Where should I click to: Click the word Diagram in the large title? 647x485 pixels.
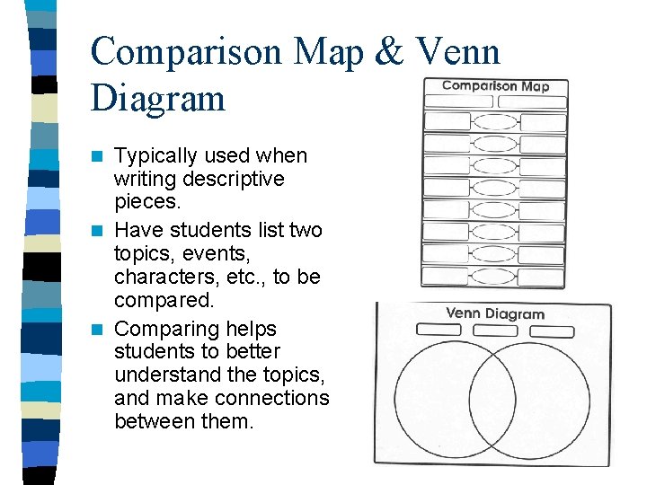point(157,97)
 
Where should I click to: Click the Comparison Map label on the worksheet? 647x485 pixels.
point(495,86)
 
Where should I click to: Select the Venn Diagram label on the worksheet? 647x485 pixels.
point(495,313)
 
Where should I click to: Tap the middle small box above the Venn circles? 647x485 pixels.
point(494,331)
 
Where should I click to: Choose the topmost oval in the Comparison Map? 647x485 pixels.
point(494,122)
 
